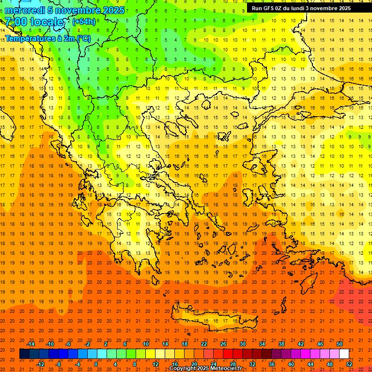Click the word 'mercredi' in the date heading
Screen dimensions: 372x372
click(x=25, y=10)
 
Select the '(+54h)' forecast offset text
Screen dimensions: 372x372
click(x=84, y=22)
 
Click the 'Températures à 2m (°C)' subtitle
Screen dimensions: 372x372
click(x=47, y=38)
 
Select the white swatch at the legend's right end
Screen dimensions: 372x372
click(x=344, y=354)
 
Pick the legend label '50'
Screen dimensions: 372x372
click(x=339, y=344)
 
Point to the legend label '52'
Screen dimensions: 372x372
click(x=349, y=364)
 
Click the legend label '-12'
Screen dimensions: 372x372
click(x=40, y=364)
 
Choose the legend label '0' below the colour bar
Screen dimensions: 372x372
click(x=96, y=364)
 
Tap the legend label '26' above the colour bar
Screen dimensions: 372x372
click(x=223, y=344)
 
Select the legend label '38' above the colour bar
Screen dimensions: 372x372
click(x=281, y=344)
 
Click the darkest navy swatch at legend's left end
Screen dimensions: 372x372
click(x=24, y=354)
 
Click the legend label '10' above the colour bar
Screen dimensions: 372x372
click(x=146, y=344)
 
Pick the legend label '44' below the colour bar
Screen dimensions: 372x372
click(x=310, y=364)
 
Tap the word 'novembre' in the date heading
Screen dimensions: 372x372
click(x=80, y=10)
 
